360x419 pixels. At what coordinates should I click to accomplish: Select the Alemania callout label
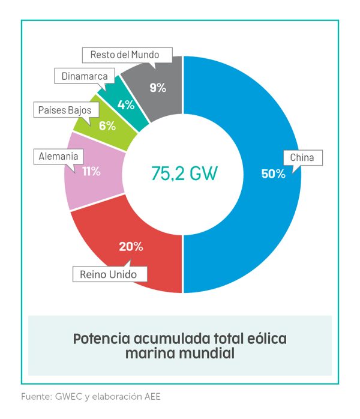click(x=58, y=156)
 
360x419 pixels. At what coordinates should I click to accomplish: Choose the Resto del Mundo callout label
click(x=124, y=55)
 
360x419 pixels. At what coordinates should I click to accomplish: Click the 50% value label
click(x=273, y=174)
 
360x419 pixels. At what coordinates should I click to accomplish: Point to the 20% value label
click(x=131, y=246)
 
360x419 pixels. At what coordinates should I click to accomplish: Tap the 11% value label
click(x=91, y=171)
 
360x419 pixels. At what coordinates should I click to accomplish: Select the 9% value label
click(x=158, y=88)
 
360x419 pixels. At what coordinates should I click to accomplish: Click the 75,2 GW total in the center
click(x=184, y=173)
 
